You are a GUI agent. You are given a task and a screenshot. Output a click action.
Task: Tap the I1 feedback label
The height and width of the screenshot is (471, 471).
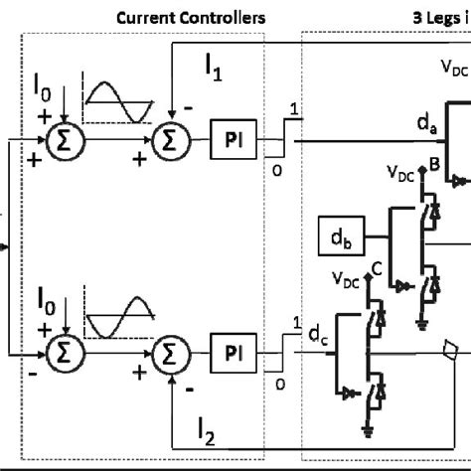coord(216,68)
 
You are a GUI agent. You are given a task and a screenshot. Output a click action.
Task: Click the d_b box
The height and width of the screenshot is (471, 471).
coord(337,235)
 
